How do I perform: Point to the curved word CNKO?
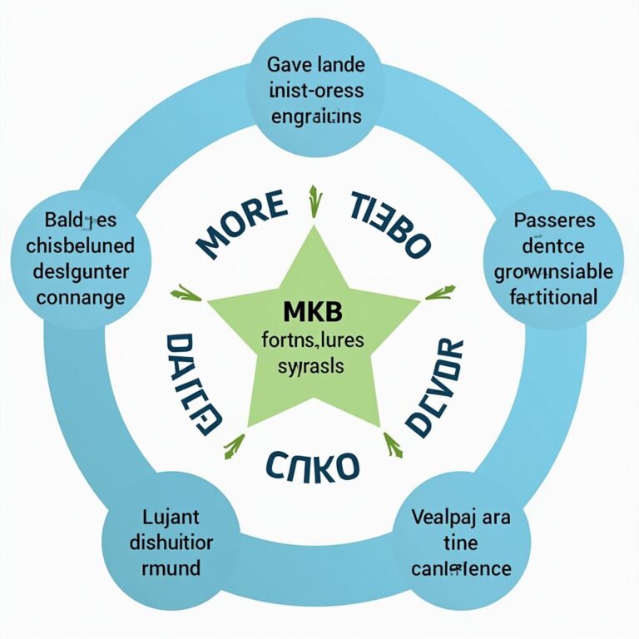pos(315,465)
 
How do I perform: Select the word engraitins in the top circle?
pos(316,116)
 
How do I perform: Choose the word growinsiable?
pos(553,271)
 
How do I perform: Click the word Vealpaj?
pos(439,516)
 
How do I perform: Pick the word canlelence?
pos(460,569)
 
